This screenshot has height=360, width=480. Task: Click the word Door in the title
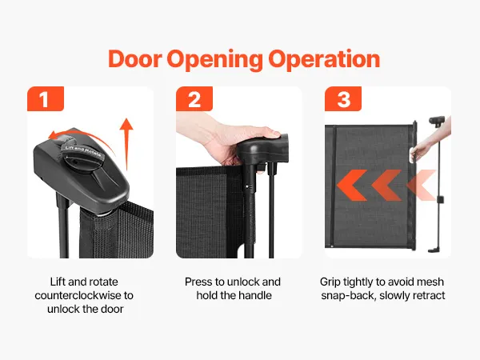(x=134, y=58)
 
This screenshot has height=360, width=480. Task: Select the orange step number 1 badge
(x=46, y=99)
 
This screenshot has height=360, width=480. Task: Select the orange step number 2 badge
(x=194, y=99)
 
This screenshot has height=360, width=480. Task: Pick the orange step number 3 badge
(x=343, y=99)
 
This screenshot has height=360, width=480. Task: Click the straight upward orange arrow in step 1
(x=126, y=144)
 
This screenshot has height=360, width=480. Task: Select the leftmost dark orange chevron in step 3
(x=352, y=186)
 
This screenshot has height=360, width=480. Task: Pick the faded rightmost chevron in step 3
(x=422, y=186)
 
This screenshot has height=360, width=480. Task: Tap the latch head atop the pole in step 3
(x=437, y=121)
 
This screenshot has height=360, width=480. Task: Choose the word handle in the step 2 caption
(x=255, y=295)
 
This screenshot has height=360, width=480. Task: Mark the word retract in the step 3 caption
(x=429, y=296)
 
